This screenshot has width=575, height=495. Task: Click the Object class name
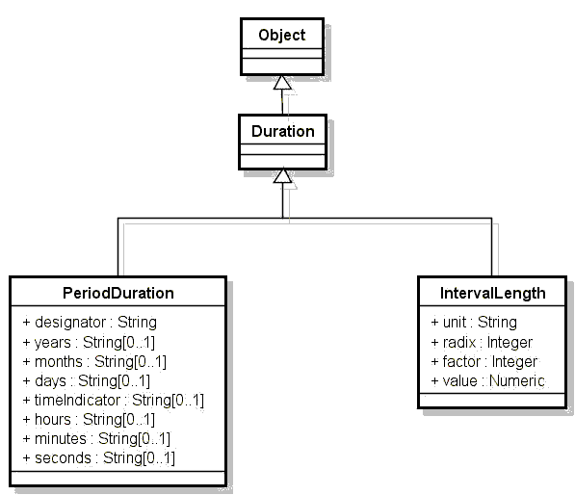pyautogui.click(x=281, y=36)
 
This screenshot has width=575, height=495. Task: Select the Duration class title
pyautogui.click(x=283, y=131)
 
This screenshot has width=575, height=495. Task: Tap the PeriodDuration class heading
pyautogui.click(x=118, y=294)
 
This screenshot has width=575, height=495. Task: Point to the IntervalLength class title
pyautogui.click(x=492, y=294)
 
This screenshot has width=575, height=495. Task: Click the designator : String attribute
pyautogui.click(x=90, y=323)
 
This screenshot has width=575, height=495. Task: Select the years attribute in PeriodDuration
pyautogui.click(x=89, y=343)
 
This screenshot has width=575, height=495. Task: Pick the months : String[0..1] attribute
pyautogui.click(x=94, y=362)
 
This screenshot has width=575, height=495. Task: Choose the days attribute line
pyautogui.click(x=86, y=381)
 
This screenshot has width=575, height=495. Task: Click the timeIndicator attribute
pyautogui.click(x=113, y=400)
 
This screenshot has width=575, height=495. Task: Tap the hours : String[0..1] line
pyautogui.click(x=89, y=420)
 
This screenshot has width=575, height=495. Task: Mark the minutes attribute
pyautogui.click(x=96, y=438)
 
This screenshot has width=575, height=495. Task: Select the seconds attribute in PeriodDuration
pyautogui.click(x=98, y=458)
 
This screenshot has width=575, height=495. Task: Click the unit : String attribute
pyautogui.click(x=474, y=323)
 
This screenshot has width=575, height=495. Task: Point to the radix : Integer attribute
pyautogui.click(x=482, y=343)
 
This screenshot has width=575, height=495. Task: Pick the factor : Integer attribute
pyautogui.click(x=484, y=362)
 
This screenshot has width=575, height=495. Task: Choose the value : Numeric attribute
pyautogui.click(x=487, y=381)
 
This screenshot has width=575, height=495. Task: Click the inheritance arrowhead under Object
pyautogui.click(x=282, y=82)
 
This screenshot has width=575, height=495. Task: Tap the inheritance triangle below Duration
pyautogui.click(x=283, y=175)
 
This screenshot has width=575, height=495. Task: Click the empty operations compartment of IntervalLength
pyautogui.click(x=492, y=400)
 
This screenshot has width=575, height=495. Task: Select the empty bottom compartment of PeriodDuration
pyautogui.click(x=118, y=478)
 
